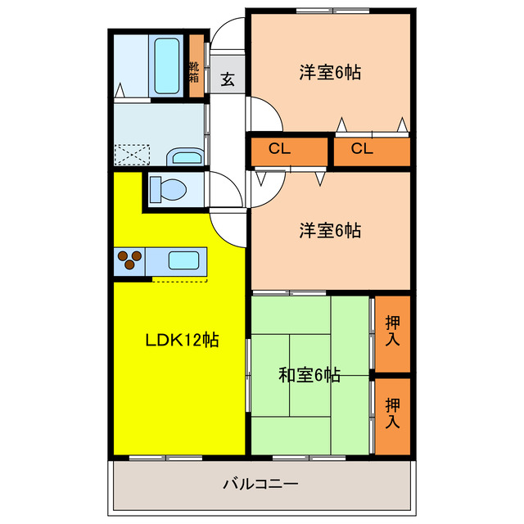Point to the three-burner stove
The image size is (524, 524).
click(x=129, y=261)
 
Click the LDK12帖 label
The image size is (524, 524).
click(x=181, y=340)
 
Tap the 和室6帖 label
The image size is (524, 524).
click(x=309, y=376)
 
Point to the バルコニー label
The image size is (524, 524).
click(x=260, y=484)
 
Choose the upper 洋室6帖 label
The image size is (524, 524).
click(x=329, y=72)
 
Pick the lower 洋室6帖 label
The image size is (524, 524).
click(x=329, y=231)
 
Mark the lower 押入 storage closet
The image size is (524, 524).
click(x=392, y=413)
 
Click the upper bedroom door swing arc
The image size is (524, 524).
click(x=266, y=113)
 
